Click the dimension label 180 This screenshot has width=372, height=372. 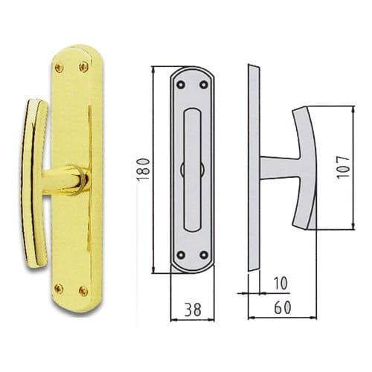pyautogui.click(x=144, y=169)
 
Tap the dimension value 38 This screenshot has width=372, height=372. pyautogui.click(x=193, y=310)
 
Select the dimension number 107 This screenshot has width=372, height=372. pyautogui.click(x=343, y=167)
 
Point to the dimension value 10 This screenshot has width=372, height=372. pyautogui.click(x=280, y=283)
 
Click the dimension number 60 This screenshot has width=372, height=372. pyautogui.click(x=283, y=308)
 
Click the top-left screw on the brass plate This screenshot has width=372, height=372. pyautogui.click(x=60, y=67)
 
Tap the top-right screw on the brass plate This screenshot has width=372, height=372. pyautogui.click(x=84, y=66)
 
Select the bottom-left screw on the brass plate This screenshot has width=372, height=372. pyautogui.click(x=59, y=289)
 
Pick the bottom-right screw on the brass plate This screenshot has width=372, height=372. pyautogui.click(x=83, y=291)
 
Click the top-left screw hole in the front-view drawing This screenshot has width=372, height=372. pyautogui.click(x=181, y=85)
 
